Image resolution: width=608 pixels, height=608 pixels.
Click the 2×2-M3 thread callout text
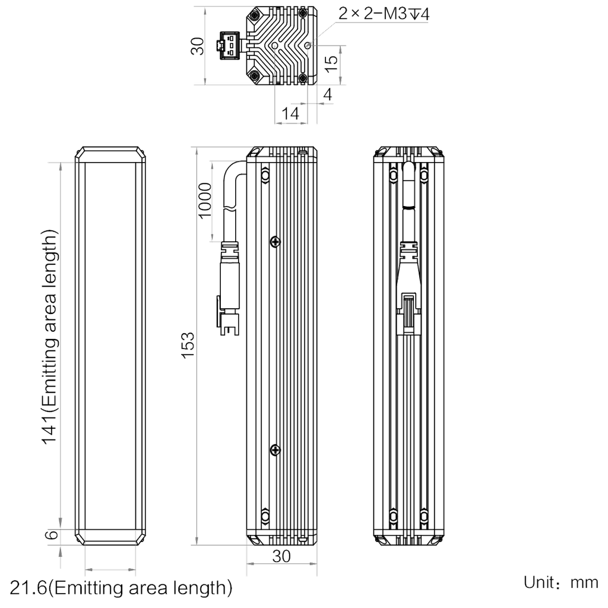tap(384, 14)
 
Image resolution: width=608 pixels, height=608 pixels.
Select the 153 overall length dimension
tap(188, 345)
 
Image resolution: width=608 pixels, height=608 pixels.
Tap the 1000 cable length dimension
tap(205, 201)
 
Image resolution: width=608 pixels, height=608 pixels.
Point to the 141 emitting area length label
tap(50, 337)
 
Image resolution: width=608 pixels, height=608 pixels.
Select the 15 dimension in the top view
tap(331, 64)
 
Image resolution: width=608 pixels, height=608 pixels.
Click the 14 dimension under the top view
tap(290, 113)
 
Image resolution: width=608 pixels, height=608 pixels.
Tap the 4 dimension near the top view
tap(328, 94)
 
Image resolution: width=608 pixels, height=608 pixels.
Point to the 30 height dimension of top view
tap(197, 46)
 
